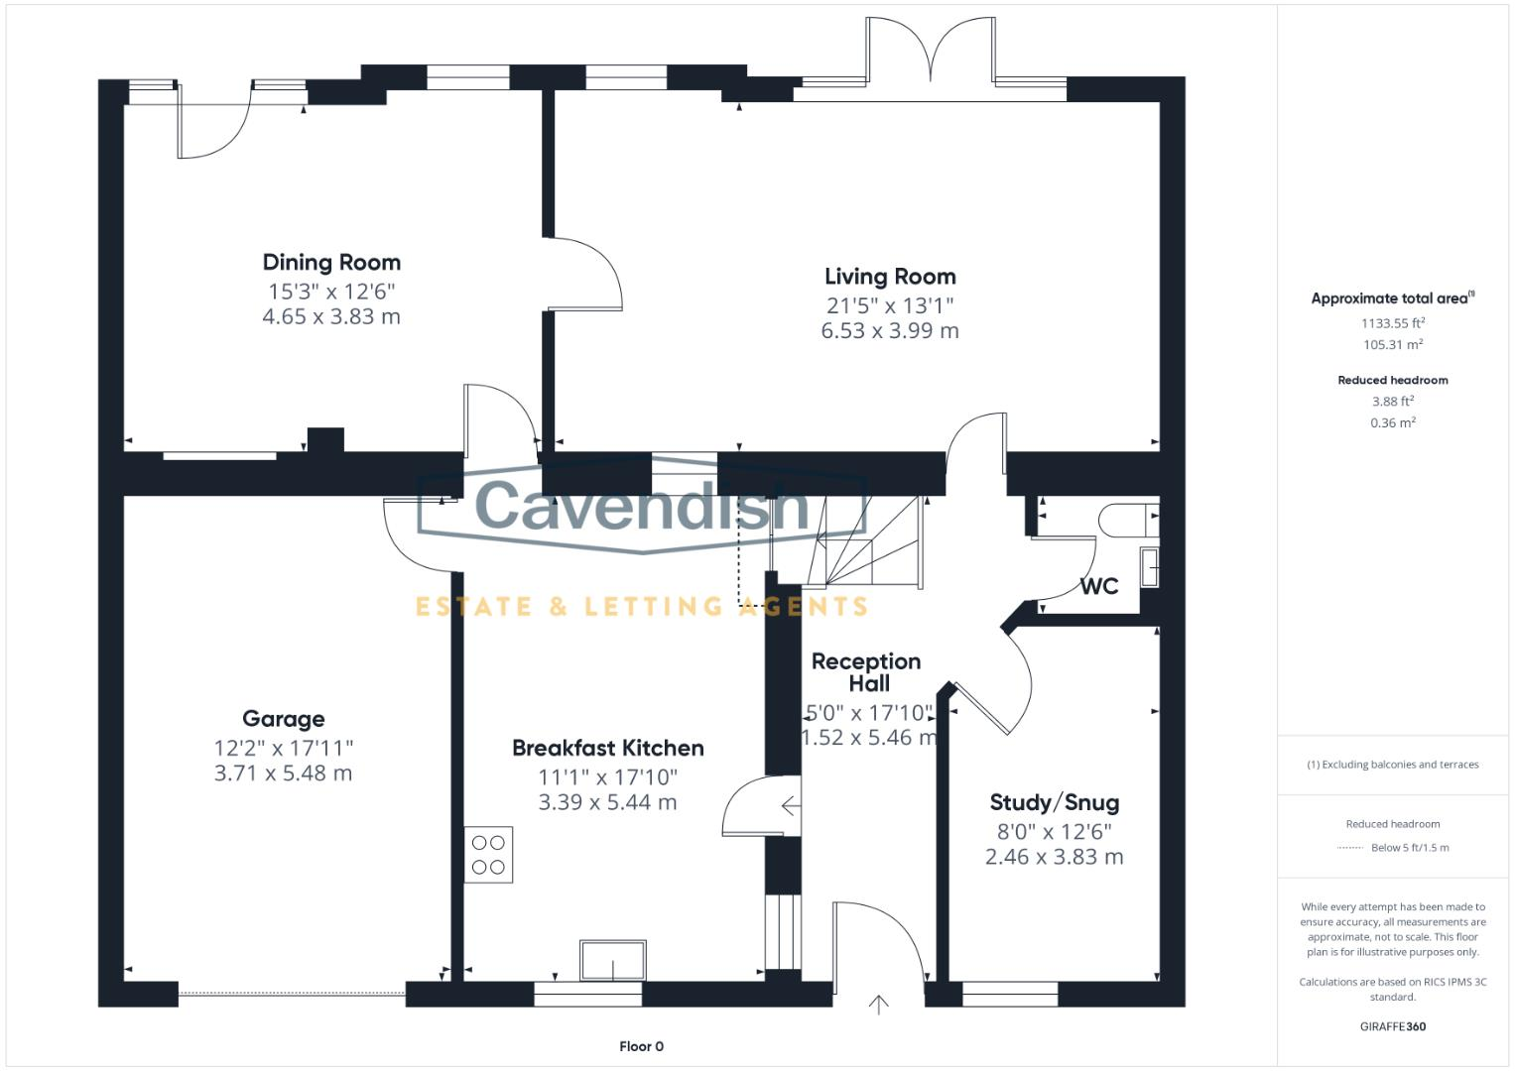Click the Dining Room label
point(331,263)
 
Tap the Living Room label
point(890,277)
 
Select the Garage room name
point(283,719)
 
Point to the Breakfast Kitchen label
point(607,748)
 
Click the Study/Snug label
point(1054,802)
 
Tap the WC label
point(1098,586)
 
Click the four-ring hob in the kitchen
point(488,855)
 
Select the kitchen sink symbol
point(613,960)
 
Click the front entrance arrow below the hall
point(878,1005)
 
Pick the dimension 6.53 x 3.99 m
point(890,331)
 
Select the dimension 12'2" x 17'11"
point(283,748)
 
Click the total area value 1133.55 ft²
point(1392,322)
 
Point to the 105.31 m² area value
point(1392,345)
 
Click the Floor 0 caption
point(641,1046)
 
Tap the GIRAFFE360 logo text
point(1392,1026)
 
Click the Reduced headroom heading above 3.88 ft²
point(1392,380)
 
